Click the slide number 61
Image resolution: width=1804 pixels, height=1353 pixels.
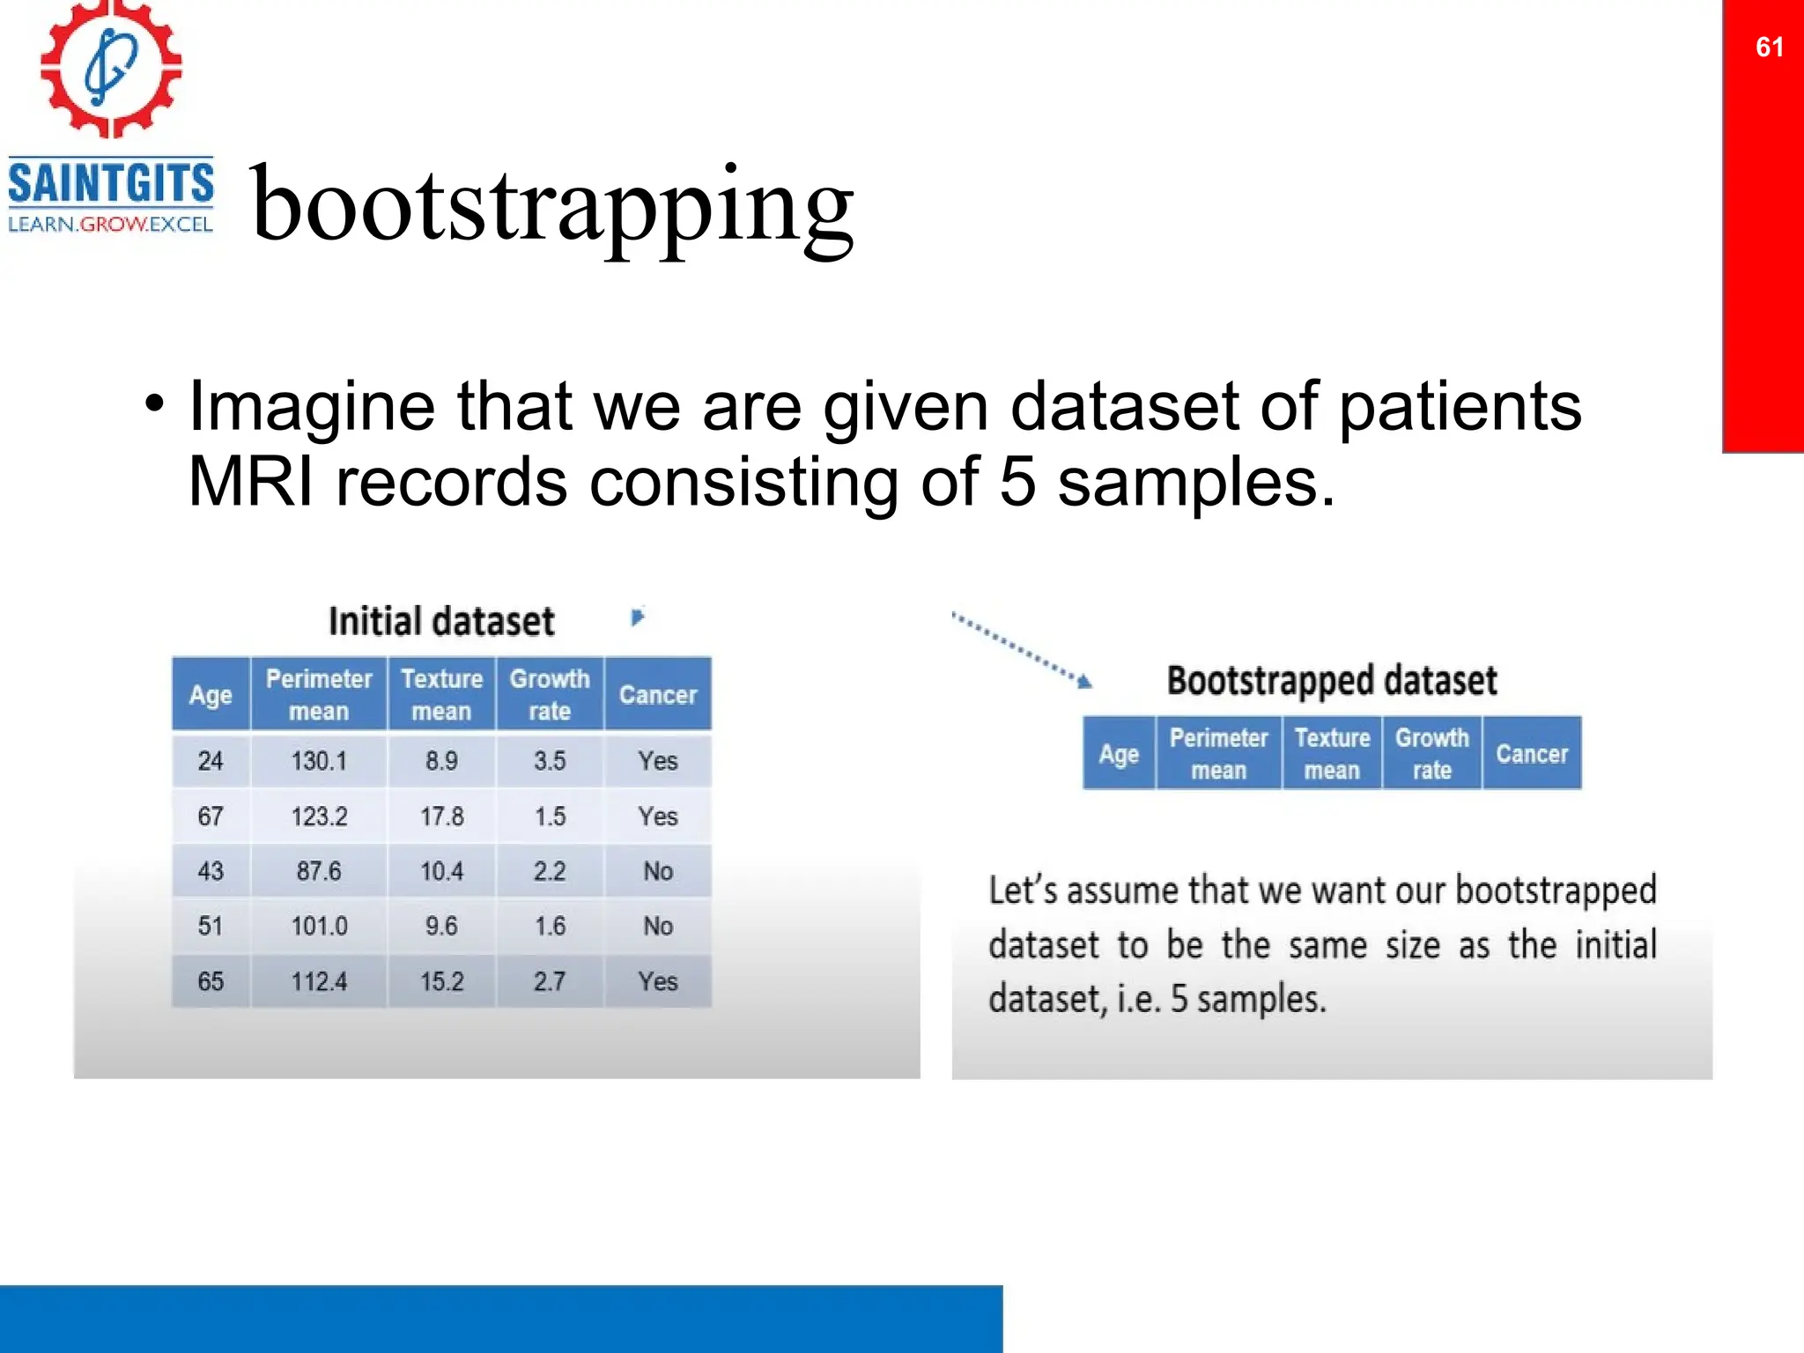point(1769,47)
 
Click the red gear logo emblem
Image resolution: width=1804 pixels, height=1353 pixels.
point(111,69)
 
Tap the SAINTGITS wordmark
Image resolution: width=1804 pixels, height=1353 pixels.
point(111,183)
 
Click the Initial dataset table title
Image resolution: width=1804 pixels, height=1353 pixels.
point(441,621)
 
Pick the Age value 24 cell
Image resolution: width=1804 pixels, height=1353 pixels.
point(211,760)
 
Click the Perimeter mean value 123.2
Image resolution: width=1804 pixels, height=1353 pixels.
point(319,816)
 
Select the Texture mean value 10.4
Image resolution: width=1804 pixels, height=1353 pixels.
point(441,871)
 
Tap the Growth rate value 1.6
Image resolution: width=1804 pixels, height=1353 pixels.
point(550,926)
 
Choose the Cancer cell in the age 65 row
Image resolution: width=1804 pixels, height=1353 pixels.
point(658,981)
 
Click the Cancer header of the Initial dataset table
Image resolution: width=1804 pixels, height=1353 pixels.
point(658,694)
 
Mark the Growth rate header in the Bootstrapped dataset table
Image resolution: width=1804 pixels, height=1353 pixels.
point(1431,753)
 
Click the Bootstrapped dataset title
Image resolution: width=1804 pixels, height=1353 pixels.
point(1332,680)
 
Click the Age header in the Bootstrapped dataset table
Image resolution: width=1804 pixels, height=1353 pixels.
point(1119,754)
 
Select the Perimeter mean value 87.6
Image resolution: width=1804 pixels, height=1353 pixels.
point(319,871)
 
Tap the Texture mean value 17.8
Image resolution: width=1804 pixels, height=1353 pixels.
point(441,816)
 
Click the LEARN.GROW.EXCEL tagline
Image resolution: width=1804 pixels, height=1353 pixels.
point(111,224)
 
